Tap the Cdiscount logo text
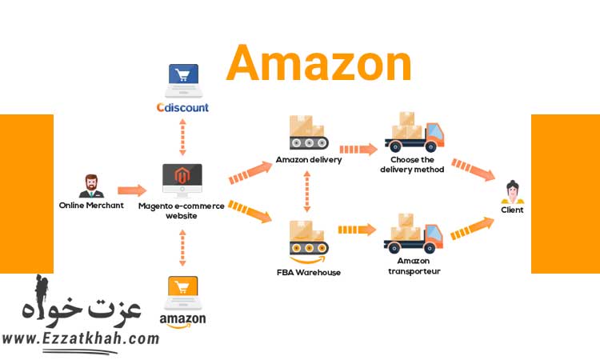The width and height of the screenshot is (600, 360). [182, 107]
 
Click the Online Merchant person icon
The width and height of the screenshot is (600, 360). [91, 186]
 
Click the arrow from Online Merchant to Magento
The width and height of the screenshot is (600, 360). [132, 190]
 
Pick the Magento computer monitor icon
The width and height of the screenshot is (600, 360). [182, 181]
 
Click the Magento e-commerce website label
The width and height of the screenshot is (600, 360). [182, 210]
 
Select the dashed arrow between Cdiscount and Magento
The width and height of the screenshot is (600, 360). [182, 137]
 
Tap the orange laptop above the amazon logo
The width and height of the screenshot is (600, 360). [182, 293]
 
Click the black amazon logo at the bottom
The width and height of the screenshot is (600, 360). [182, 320]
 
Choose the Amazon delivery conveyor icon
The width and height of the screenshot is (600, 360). [308, 133]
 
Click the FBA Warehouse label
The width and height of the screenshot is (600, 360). [308, 273]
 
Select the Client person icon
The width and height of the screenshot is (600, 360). [512, 192]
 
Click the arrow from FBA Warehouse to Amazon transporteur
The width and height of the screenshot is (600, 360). [356, 230]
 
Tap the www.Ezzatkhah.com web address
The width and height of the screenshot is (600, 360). [80, 338]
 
